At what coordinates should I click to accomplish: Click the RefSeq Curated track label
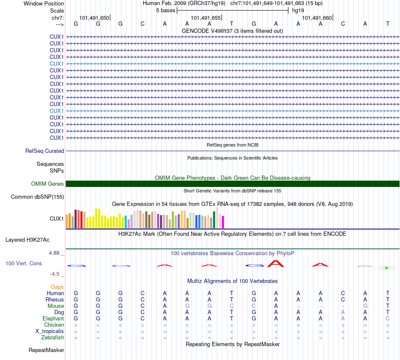45,151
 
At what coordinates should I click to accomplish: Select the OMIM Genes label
48,184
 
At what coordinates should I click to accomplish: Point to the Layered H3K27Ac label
27,240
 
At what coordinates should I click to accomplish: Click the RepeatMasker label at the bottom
46,350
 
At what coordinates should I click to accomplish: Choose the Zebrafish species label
53,337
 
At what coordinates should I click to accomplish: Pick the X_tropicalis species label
50,331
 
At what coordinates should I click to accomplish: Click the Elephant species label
53,318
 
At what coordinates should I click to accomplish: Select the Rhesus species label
55,299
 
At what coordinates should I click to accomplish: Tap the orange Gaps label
57,287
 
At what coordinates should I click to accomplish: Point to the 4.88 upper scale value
56,253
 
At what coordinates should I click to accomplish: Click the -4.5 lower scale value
57,274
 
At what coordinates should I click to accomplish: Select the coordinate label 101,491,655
205,18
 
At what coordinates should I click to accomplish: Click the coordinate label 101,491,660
317,18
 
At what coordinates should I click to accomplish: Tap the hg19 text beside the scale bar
298,10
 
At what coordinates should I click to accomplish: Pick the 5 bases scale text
165,10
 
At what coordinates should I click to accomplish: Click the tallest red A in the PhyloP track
276,264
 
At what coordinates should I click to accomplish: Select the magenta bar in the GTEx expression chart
223,222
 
